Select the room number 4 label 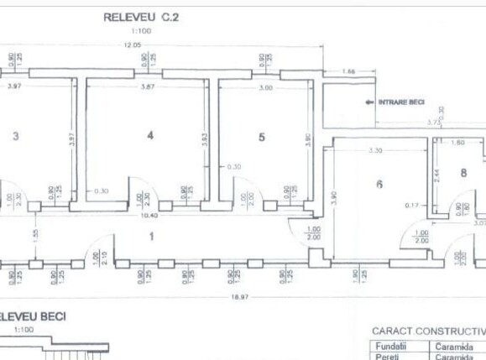pyautogui.click(x=150, y=135)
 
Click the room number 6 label pyautogui.click(x=379, y=184)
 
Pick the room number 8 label pyautogui.click(x=463, y=174)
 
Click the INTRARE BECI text pyautogui.click(x=401, y=102)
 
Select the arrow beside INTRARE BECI pyautogui.click(x=368, y=102)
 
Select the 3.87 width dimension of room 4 pyautogui.click(x=148, y=87)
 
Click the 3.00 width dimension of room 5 pyautogui.click(x=265, y=87)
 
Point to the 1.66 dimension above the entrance pyautogui.click(x=350, y=71)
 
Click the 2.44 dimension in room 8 pyautogui.click(x=436, y=175)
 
